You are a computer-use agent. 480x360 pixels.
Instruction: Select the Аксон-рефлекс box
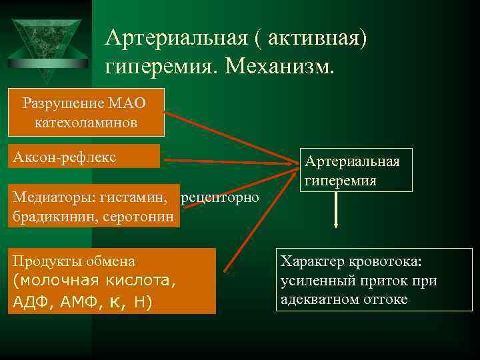point(84,157)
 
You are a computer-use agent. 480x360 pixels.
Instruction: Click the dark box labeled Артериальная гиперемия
point(356,170)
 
